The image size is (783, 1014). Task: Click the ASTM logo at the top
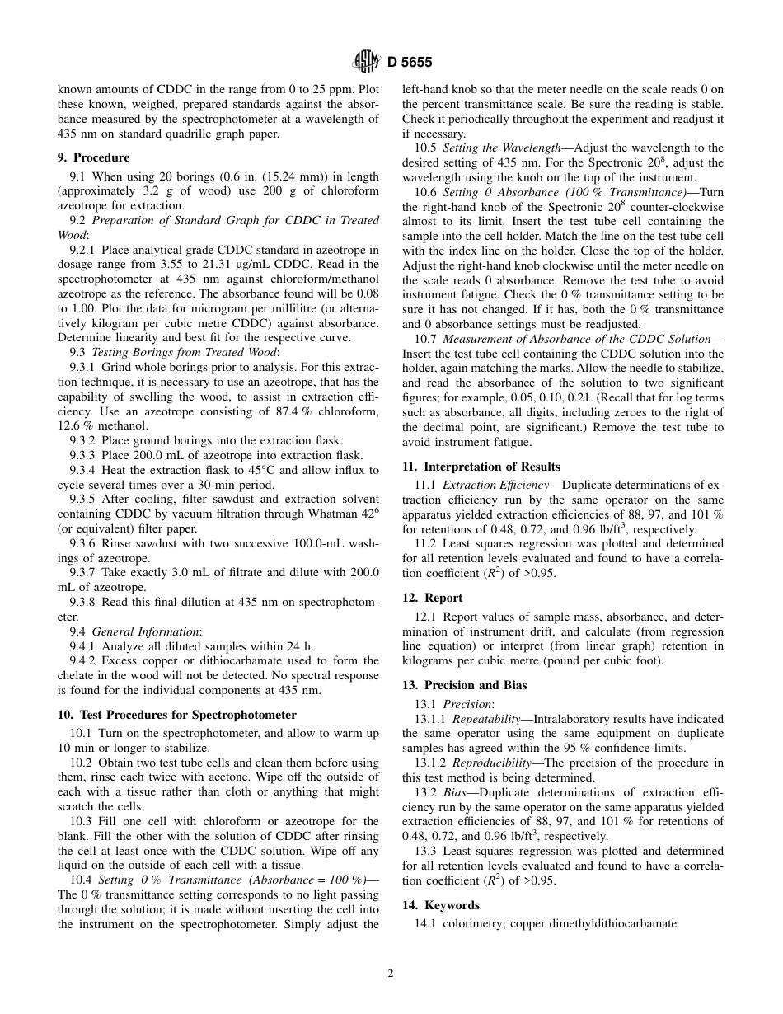click(x=365, y=61)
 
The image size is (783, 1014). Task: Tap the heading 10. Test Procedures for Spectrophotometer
click(x=176, y=715)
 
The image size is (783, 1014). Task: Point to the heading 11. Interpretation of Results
click(x=481, y=467)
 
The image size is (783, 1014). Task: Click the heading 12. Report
click(x=432, y=598)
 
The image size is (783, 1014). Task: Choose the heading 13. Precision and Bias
click(x=464, y=685)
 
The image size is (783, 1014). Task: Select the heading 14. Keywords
click(x=440, y=905)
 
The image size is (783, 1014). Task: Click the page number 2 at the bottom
click(x=391, y=973)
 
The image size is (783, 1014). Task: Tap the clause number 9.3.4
click(x=84, y=471)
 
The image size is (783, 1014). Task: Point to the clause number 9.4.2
click(x=84, y=660)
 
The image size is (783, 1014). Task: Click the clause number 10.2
click(x=81, y=763)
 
